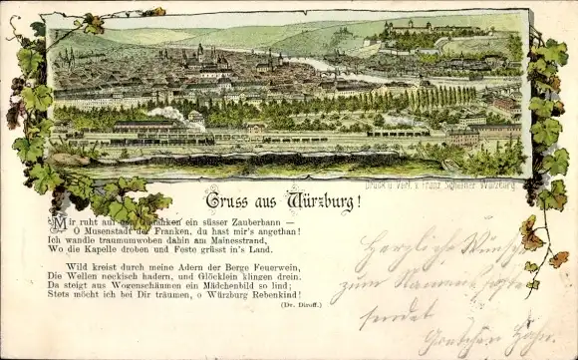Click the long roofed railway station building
[149, 130]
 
